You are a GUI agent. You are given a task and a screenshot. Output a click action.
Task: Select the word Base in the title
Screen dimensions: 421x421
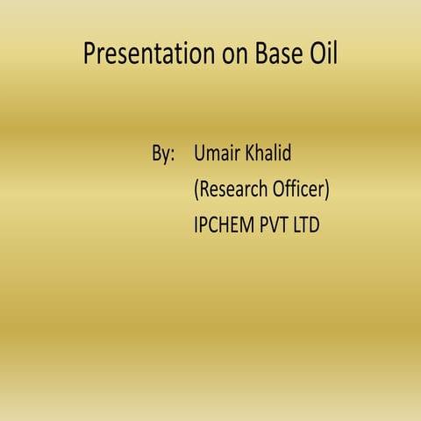click(x=280, y=54)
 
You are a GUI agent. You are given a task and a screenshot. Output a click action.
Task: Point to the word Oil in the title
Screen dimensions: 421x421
click(x=325, y=54)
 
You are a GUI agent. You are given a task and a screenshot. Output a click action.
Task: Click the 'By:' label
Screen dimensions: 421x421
click(x=163, y=155)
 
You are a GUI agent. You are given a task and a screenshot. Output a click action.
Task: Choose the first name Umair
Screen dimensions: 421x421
click(x=220, y=155)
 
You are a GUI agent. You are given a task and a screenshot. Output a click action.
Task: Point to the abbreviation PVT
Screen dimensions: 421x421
click(x=278, y=225)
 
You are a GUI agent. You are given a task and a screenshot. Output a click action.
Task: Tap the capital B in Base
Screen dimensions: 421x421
click(x=262, y=54)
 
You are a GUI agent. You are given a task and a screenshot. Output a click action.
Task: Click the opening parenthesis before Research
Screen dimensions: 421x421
click(x=196, y=189)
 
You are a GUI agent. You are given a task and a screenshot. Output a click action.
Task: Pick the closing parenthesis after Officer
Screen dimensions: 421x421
click(x=328, y=189)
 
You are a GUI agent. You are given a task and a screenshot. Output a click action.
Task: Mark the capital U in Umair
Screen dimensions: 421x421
click(x=200, y=155)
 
